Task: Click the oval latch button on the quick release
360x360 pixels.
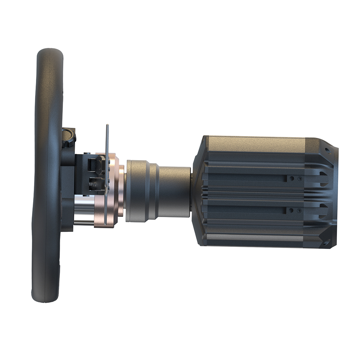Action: (x=99, y=164)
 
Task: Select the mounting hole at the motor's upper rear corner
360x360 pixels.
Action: (x=327, y=150)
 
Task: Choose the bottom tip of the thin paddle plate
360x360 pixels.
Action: (x=105, y=225)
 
